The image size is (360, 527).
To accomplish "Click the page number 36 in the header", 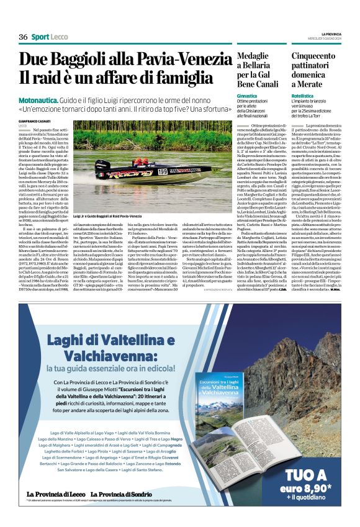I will (x=23, y=37).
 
